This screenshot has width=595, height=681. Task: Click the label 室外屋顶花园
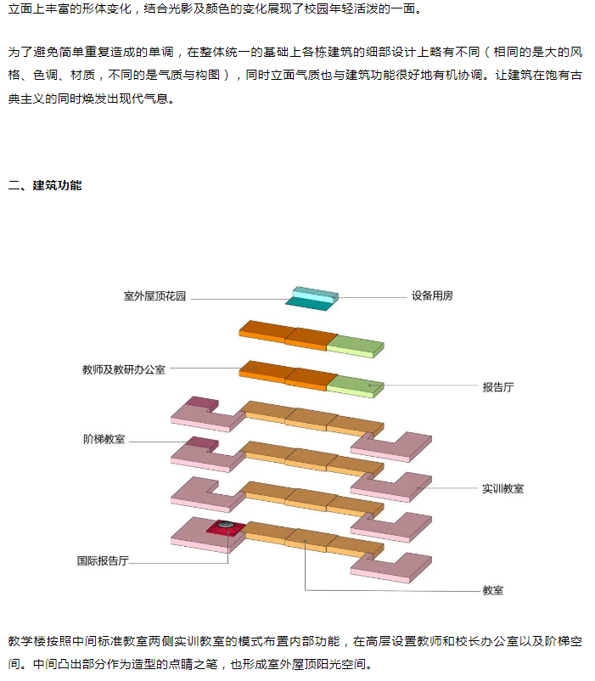point(154,296)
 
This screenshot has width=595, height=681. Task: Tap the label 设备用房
point(432,296)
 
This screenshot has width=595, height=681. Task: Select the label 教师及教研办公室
point(124,369)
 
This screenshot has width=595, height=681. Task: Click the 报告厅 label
point(498,386)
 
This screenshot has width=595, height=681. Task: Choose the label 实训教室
point(503,488)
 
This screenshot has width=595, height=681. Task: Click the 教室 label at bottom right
point(493,589)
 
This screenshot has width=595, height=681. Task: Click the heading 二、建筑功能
point(45,185)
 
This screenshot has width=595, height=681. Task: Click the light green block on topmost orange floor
point(356,344)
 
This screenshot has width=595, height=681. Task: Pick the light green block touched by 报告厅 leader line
point(356,383)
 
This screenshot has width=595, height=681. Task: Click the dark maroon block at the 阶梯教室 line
point(202,442)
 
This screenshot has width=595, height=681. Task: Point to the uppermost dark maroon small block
point(202,402)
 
